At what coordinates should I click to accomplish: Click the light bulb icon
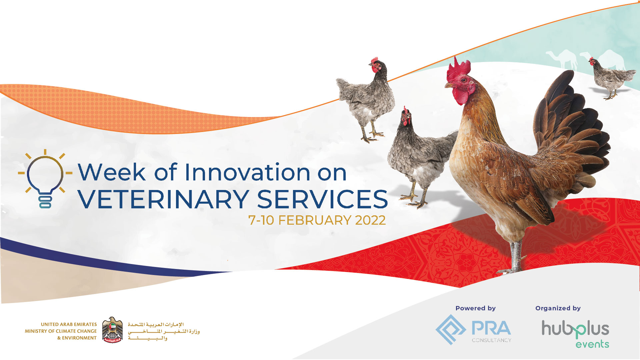point(45,179)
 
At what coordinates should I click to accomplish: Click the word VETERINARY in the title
point(164,199)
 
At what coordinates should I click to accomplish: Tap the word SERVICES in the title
point(322,199)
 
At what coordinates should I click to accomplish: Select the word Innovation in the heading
point(248,172)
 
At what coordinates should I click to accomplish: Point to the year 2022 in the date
point(370,220)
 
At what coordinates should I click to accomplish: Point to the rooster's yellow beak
point(449,85)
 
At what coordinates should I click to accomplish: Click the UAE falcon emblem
point(112,330)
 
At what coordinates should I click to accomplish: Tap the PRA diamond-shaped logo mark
point(451,329)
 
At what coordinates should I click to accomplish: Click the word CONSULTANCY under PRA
point(491,340)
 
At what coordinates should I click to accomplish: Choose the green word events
point(592,344)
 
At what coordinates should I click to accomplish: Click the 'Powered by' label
point(476,308)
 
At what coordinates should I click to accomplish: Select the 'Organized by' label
point(558,308)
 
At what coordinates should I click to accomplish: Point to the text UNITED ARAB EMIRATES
point(69,324)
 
